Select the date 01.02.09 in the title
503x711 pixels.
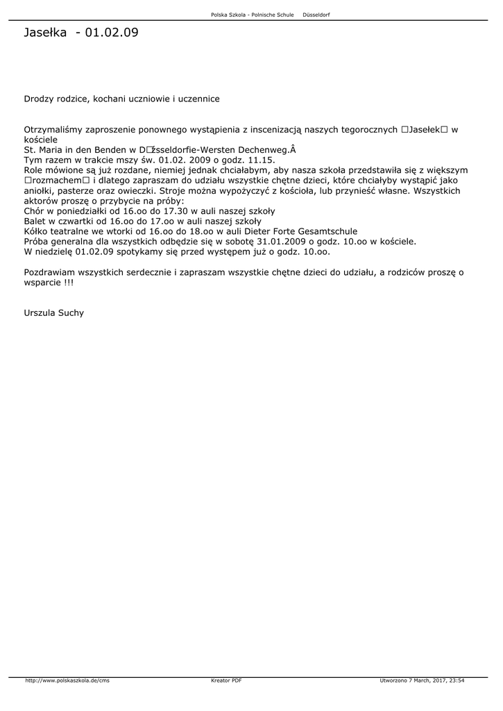[111, 33]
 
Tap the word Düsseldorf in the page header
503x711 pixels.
[316, 15]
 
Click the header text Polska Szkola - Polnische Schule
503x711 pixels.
[252, 15]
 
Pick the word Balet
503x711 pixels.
[35, 221]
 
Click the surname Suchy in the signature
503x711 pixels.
[71, 313]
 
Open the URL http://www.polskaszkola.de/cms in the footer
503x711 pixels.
[67, 680]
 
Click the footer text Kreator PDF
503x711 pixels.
[226, 680]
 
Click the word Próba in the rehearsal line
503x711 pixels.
[37, 242]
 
